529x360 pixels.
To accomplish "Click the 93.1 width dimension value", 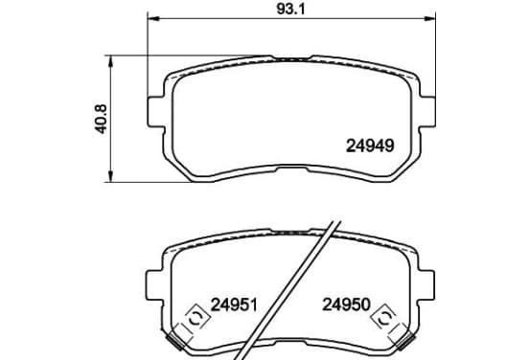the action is click(x=290, y=10).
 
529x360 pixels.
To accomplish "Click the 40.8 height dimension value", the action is click(x=102, y=119).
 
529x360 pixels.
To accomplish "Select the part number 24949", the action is click(x=370, y=146).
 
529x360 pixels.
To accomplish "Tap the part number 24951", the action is click(x=234, y=304).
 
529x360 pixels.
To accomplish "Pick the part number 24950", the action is click(x=347, y=304).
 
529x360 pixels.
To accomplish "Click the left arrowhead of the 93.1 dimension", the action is click(x=153, y=18).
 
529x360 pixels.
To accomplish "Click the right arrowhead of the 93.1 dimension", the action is click(x=429, y=18).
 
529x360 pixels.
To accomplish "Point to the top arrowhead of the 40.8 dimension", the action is click(x=110, y=61).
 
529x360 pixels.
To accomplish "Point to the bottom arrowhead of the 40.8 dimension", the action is click(x=110, y=176).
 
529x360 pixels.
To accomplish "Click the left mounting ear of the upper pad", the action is click(x=156, y=112).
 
